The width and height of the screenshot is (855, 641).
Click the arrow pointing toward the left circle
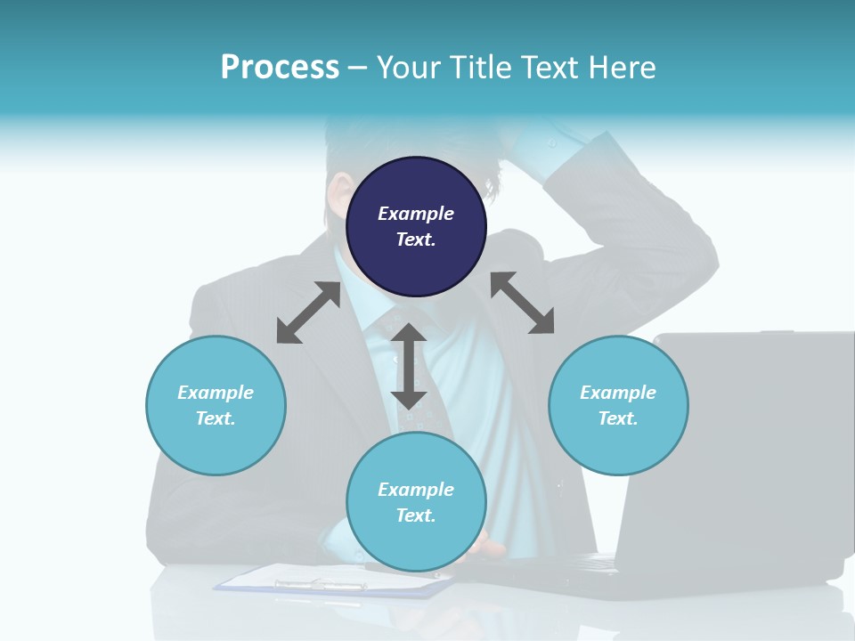(308, 312)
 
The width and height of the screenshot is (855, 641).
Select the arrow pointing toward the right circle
(522, 303)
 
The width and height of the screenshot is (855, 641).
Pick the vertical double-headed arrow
(409, 366)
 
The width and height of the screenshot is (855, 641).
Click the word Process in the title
(280, 67)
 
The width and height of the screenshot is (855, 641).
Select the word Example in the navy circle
(416, 214)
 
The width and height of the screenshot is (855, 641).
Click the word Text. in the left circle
(216, 418)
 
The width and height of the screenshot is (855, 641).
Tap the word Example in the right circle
(618, 393)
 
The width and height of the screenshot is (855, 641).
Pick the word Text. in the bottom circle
(416, 515)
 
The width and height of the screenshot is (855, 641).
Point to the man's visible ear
(338, 191)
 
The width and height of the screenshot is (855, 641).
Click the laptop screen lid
(739, 445)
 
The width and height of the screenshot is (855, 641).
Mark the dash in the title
(358, 68)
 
